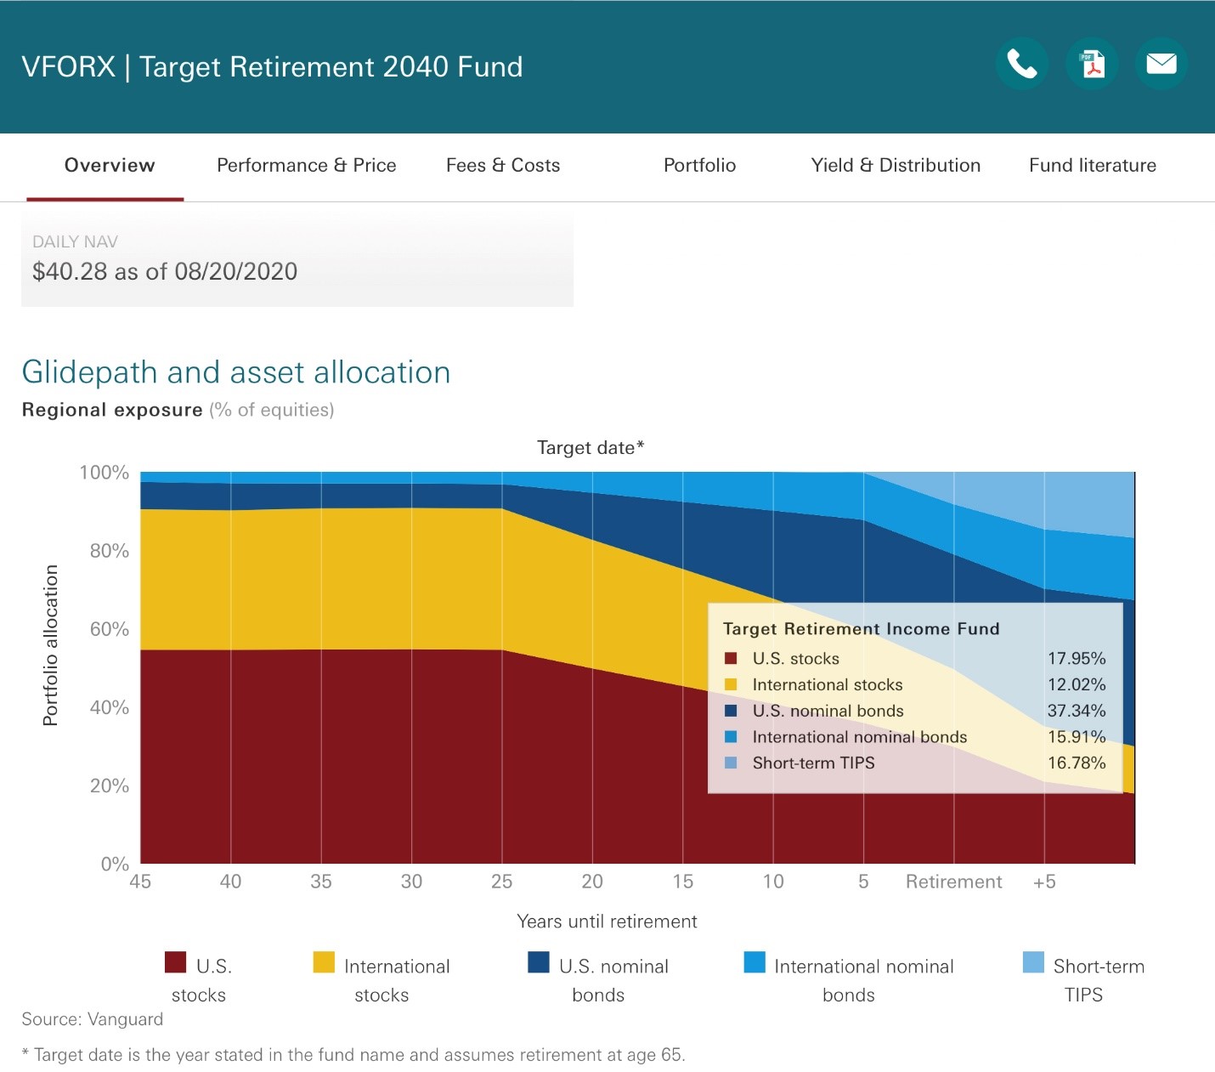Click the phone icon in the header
pyautogui.click(x=1022, y=64)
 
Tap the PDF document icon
pyautogui.click(x=1092, y=64)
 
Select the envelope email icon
pyautogui.click(x=1161, y=64)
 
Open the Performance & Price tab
pyautogui.click(x=307, y=165)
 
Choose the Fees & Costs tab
pyautogui.click(x=502, y=165)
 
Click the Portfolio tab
pyautogui.click(x=699, y=165)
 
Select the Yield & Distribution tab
pyautogui.click(x=896, y=165)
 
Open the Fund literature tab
pyautogui.click(x=1093, y=165)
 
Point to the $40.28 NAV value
pyautogui.click(x=70, y=271)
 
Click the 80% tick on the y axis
pyautogui.click(x=109, y=550)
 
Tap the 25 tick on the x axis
pyautogui.click(x=502, y=881)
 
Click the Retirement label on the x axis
pyautogui.click(x=953, y=881)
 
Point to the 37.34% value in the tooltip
pyautogui.click(x=1077, y=711)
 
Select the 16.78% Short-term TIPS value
pyautogui.click(x=1077, y=763)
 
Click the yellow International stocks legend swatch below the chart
pyautogui.click(x=324, y=962)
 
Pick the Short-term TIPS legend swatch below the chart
pyautogui.click(x=1033, y=962)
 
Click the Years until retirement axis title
pyautogui.click(x=607, y=922)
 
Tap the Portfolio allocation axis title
pyautogui.click(x=50, y=645)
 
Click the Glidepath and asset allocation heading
pyautogui.click(x=235, y=372)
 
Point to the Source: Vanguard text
pyautogui.click(x=93, y=1019)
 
